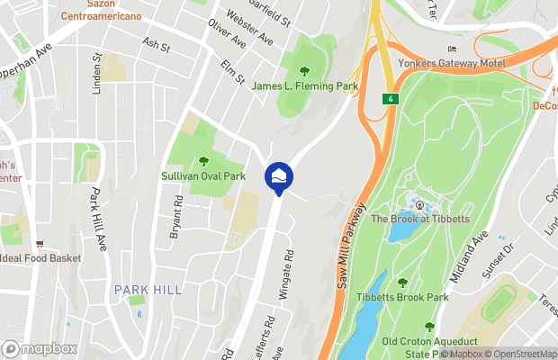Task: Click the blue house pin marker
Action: coord(277,175)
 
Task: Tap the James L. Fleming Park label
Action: coord(305,86)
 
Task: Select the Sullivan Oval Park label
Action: coord(203,176)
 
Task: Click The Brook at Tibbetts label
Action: coord(418,220)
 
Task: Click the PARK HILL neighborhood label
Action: coord(148,289)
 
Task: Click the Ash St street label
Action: coord(156,44)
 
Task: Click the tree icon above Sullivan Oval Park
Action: coord(203,162)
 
